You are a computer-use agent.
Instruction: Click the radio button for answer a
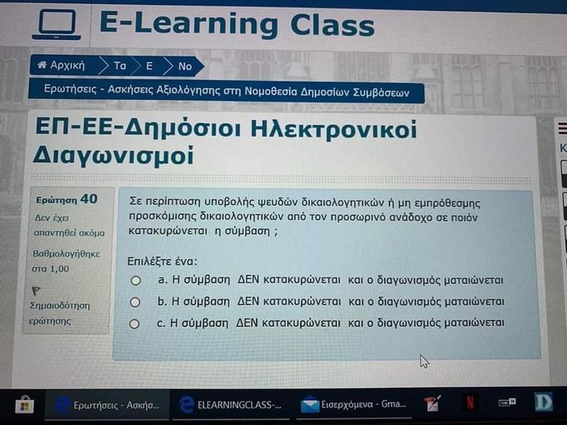(135, 281)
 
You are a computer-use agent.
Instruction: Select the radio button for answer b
(135, 302)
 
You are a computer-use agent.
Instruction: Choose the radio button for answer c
(135, 322)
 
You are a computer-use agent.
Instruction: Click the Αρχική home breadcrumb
(63, 64)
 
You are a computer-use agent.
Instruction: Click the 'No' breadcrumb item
(184, 65)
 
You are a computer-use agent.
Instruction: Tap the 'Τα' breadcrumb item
(119, 65)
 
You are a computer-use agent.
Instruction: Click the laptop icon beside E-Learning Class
(56, 26)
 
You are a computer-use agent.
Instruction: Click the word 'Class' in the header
(332, 24)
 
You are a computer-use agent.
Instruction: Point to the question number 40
(88, 198)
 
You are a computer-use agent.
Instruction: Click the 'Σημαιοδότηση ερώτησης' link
(58, 312)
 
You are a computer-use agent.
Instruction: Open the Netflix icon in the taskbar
(470, 404)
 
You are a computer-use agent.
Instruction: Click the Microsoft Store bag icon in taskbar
(25, 404)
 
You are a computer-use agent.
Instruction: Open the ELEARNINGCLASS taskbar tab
(229, 404)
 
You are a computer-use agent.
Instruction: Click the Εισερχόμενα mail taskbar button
(355, 404)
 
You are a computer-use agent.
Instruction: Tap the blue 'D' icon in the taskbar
(544, 403)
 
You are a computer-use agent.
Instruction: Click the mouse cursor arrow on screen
(424, 361)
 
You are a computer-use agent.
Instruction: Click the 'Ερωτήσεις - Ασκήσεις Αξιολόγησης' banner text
(225, 90)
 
